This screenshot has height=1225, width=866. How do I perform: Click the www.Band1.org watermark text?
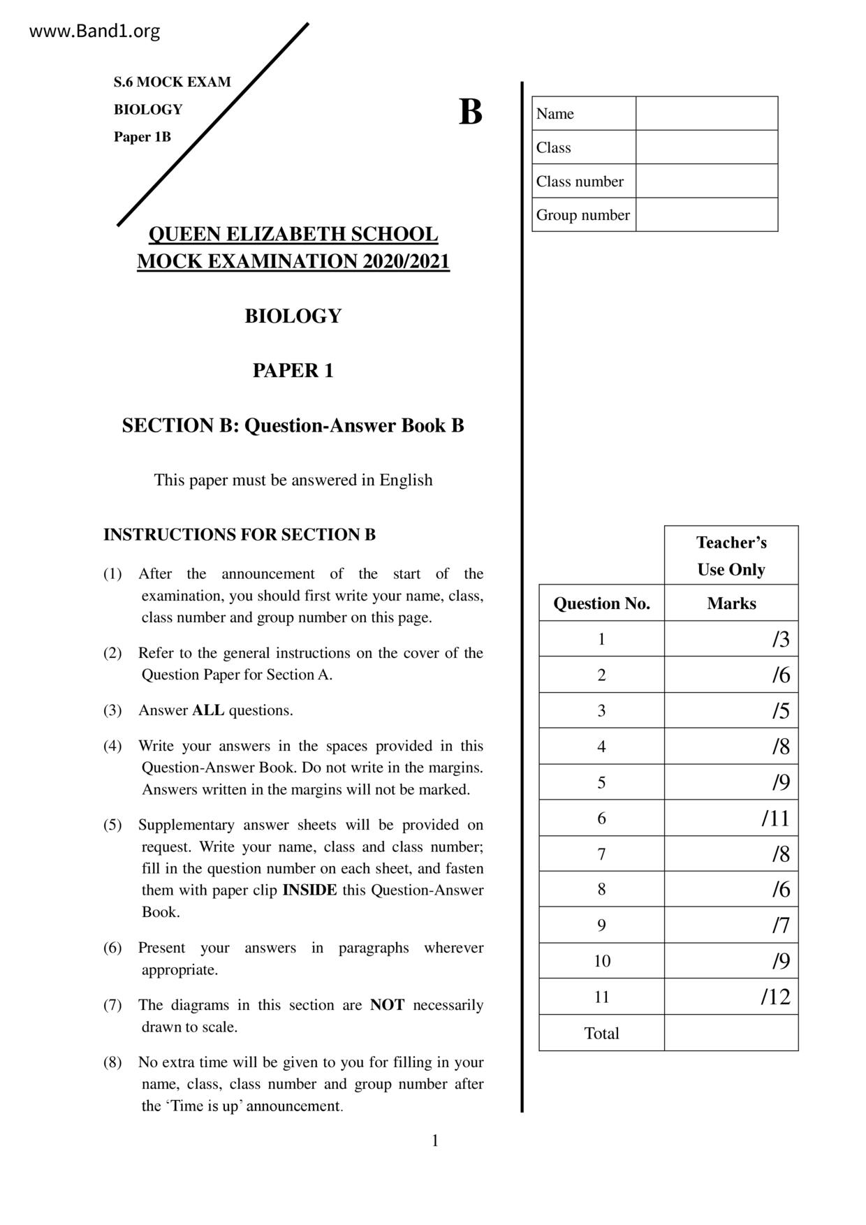point(94,31)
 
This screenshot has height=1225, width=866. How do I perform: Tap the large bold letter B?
point(470,112)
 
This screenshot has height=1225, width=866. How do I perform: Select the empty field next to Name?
point(706,113)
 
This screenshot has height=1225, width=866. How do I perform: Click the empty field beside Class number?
point(706,181)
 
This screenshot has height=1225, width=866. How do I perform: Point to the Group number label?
point(582,215)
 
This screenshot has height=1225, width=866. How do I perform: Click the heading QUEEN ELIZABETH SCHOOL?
point(293,234)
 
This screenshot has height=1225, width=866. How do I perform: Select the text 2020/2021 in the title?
point(406,261)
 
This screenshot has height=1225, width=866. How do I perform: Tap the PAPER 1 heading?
point(293,370)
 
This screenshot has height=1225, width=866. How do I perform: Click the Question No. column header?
point(601,603)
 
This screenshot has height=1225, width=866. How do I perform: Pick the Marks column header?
point(731,603)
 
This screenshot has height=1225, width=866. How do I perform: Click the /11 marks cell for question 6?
point(731,818)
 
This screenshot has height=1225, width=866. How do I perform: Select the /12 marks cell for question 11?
point(731,997)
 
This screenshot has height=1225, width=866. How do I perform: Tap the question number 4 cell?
point(601,747)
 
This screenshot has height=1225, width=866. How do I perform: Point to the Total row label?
point(601,1033)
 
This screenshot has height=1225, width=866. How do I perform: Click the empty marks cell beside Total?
point(731,1033)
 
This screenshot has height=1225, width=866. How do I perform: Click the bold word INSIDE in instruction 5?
point(309,890)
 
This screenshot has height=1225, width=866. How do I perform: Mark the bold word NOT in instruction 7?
point(387,1005)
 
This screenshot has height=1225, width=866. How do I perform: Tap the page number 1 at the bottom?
point(435,1141)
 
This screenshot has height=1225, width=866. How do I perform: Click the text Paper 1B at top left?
point(142,137)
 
